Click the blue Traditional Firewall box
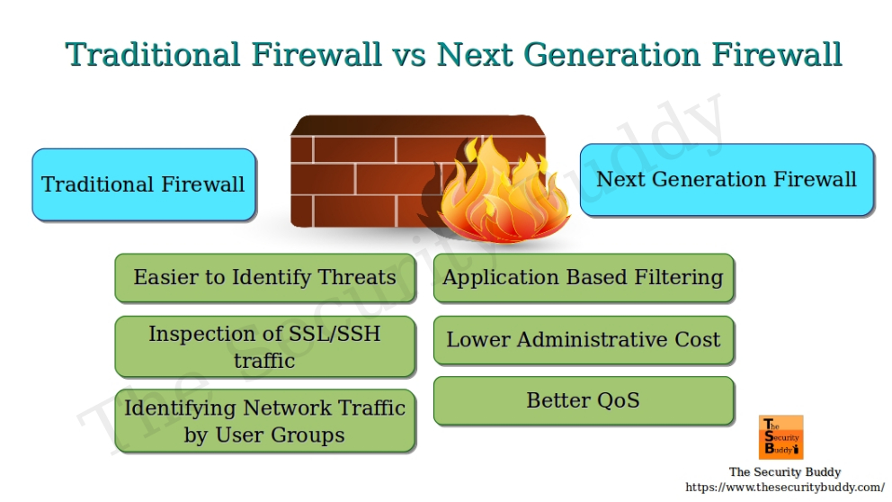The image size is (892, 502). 144,184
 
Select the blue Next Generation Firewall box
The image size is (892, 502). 727,179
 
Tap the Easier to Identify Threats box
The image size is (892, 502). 264,277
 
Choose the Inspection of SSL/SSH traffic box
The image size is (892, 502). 264,346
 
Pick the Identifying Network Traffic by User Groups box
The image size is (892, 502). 264,421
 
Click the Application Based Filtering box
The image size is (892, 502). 584,277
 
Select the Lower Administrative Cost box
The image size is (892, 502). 584,340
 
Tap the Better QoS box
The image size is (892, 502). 584,400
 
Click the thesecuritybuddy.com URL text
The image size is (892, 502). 785,487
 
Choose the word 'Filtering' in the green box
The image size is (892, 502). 681,277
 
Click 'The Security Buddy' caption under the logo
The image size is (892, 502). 785,472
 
